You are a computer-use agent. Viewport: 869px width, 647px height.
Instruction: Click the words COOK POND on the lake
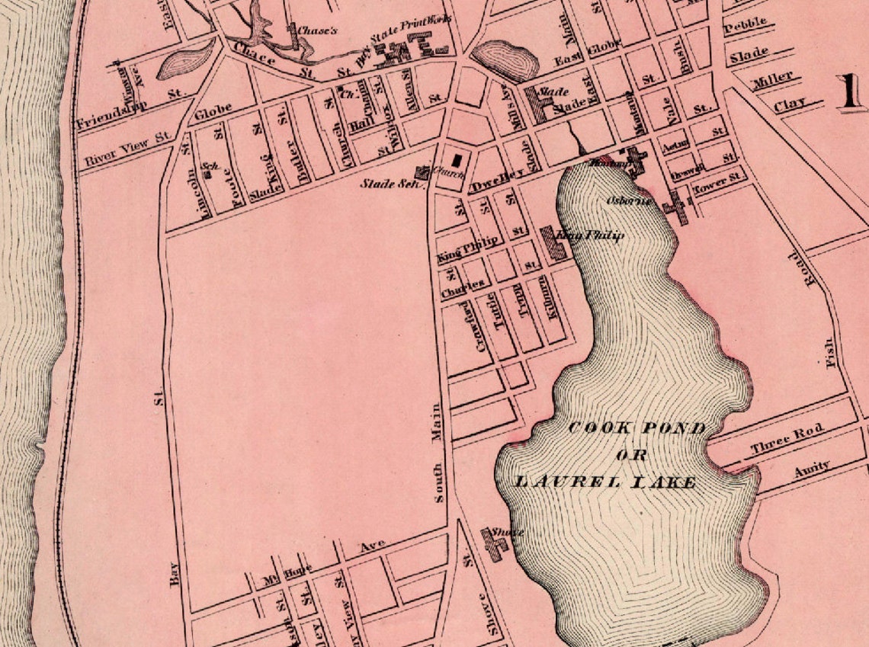[637, 428]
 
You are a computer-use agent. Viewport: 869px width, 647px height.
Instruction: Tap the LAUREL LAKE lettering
[605, 482]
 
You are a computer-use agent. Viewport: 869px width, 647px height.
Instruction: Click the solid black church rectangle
[457, 160]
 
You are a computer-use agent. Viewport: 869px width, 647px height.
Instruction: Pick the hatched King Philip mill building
[554, 243]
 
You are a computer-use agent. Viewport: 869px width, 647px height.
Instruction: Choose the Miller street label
[772, 79]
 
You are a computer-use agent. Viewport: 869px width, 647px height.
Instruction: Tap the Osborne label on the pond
[629, 201]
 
